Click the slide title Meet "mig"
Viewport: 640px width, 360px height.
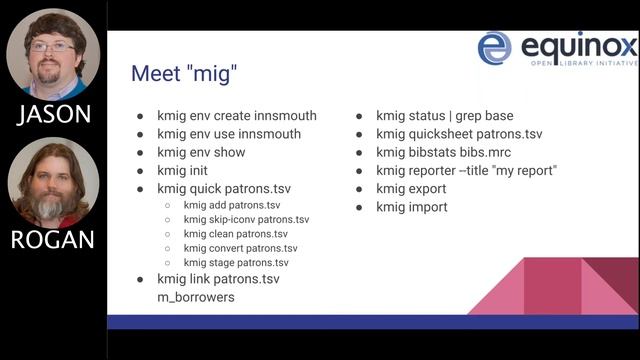click(x=184, y=74)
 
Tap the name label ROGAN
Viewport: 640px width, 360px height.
click(x=52, y=240)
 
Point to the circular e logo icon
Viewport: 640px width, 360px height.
click(x=495, y=48)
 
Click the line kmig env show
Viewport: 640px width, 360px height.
click(x=201, y=152)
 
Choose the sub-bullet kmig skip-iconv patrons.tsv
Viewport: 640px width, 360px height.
click(x=246, y=219)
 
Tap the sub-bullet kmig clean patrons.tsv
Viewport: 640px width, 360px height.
click(x=235, y=233)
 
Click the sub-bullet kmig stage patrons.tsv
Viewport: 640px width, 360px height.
click(x=235, y=262)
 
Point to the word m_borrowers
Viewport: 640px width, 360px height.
click(x=196, y=297)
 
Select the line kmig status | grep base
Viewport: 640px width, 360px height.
click(x=444, y=115)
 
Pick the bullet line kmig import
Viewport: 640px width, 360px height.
click(x=412, y=207)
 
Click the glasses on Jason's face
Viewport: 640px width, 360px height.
click(x=51, y=46)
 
